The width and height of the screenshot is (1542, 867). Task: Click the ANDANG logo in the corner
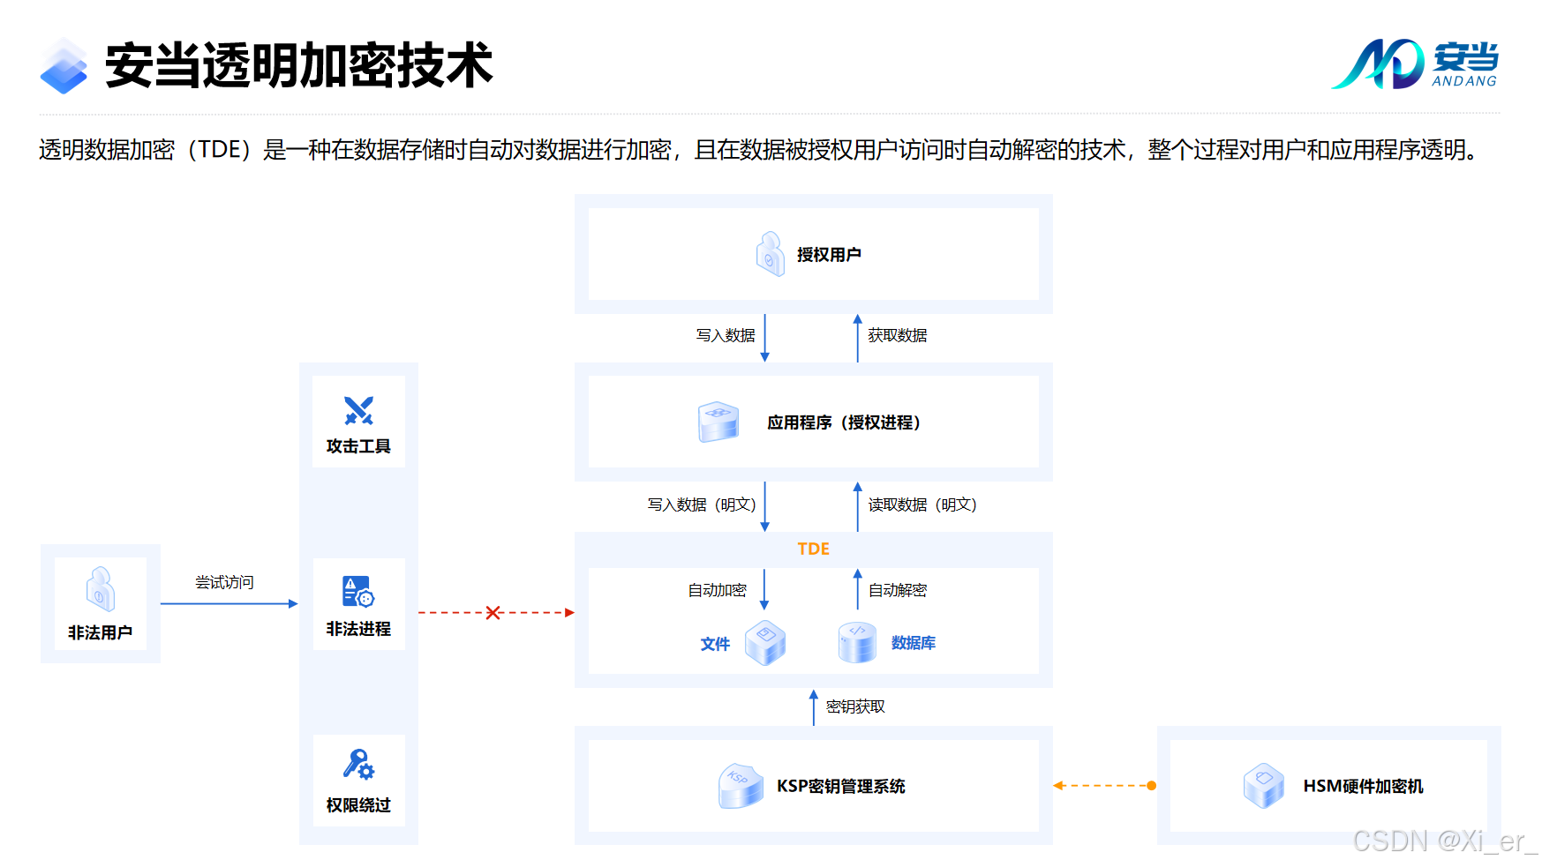coord(1415,64)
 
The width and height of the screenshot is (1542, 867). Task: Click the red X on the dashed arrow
coord(493,612)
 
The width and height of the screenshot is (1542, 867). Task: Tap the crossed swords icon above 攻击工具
coord(358,410)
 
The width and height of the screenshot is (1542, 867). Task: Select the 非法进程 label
coord(358,629)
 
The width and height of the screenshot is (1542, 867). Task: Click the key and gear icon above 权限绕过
coord(358,764)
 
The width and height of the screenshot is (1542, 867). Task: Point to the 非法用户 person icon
coord(100,589)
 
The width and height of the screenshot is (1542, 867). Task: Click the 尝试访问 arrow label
coord(224,582)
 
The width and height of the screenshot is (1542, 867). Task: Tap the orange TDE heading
coord(813,549)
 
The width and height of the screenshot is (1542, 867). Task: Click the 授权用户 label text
coord(829,255)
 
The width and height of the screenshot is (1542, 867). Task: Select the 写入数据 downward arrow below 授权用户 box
coord(765,338)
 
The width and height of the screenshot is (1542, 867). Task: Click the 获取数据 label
coord(897,335)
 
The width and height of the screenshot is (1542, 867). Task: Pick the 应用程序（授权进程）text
coord(844,422)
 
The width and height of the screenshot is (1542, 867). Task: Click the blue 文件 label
coord(715,644)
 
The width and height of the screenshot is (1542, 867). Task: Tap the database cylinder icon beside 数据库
coord(857,642)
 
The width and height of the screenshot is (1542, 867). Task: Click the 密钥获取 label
coord(855,706)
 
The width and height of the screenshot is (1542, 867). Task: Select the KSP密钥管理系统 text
coord(840,786)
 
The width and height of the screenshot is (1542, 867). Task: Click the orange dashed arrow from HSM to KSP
coord(1104,785)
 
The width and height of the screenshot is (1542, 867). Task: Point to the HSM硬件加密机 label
coord(1363,786)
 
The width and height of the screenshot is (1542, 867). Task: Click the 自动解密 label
coord(897,590)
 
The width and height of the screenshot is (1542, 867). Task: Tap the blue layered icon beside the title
coord(64,66)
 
